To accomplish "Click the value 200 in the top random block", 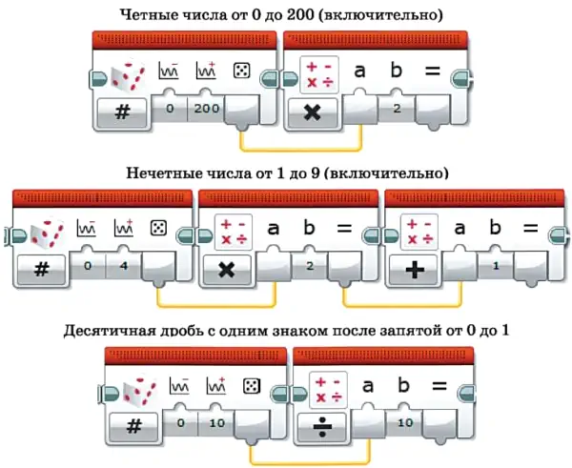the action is tap(206, 109).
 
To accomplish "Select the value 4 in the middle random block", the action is tap(124, 266).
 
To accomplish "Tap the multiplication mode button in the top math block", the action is tap(313, 112).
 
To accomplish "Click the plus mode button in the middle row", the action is tap(414, 270).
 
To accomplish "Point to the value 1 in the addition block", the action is tap(496, 266).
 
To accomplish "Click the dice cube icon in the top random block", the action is tap(128, 75).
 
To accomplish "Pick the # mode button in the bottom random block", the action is tap(133, 426).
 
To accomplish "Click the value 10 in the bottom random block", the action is tap(217, 423).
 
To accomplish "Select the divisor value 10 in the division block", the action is tap(405, 423).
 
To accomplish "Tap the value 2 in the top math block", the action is tap(397, 108).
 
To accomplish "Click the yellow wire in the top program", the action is tap(301, 150).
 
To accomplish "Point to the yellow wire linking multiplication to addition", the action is tap(402, 305).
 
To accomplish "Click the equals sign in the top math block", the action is tap(432, 71).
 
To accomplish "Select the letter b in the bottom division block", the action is tap(403, 384).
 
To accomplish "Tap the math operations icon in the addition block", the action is tap(419, 232).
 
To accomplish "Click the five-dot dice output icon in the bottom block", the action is tap(252, 386).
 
